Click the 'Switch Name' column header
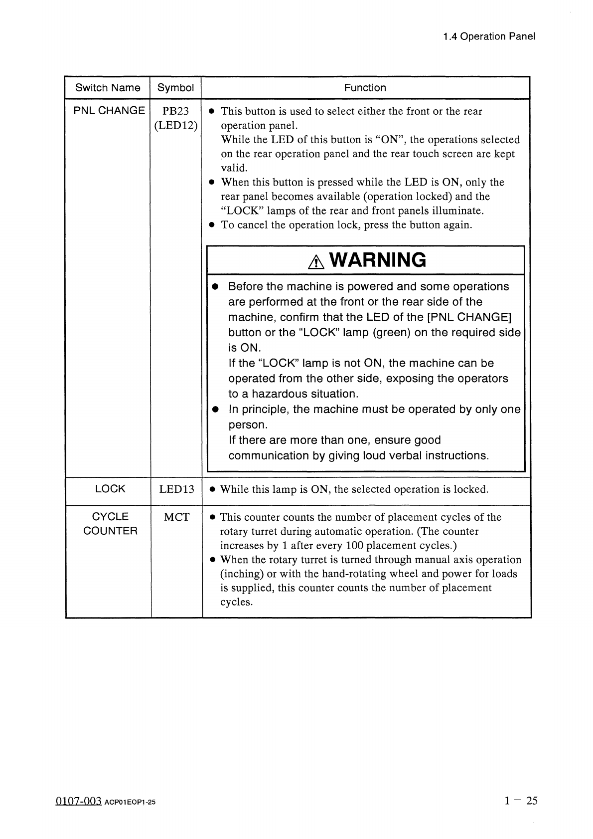tap(108, 88)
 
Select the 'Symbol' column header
tap(175, 88)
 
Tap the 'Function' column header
tap(365, 88)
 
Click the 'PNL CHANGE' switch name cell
tap(109, 110)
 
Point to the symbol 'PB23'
tap(175, 111)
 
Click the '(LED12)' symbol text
tap(176, 126)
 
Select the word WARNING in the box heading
tap(378, 260)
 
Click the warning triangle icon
tap(316, 262)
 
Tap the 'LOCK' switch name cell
tap(110, 489)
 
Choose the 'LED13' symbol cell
tap(176, 489)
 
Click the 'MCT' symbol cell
tap(176, 517)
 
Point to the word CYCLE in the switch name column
tap(110, 517)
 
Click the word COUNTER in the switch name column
tap(110, 531)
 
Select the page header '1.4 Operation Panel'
tap(489, 36)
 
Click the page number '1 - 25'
tap(521, 801)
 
